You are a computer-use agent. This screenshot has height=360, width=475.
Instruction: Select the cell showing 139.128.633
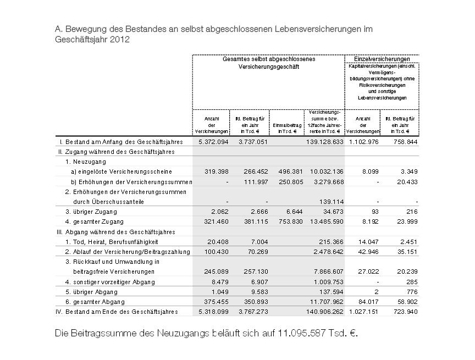coord(324,141)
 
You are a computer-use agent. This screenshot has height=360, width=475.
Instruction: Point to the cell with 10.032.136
coord(326,171)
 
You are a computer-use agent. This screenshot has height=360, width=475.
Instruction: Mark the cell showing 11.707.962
coord(326,302)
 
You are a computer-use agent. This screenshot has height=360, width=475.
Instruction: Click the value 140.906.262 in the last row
coord(324,312)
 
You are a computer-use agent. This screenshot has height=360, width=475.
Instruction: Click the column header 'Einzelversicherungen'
coord(382,59)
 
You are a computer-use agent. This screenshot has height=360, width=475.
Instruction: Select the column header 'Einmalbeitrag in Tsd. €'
coord(288,128)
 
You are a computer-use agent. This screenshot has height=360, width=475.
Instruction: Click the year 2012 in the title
coord(119,40)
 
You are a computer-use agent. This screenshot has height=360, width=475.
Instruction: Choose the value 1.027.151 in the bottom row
coord(363,312)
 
